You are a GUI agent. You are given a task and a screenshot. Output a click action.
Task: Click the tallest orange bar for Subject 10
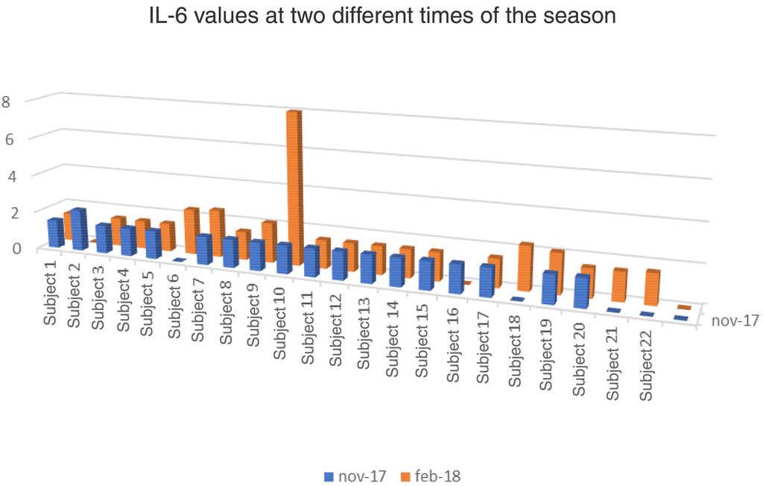[x=294, y=186]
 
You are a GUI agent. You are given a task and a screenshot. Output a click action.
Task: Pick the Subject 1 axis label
[x=51, y=290]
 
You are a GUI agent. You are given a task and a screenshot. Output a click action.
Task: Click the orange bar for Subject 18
[x=526, y=267]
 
